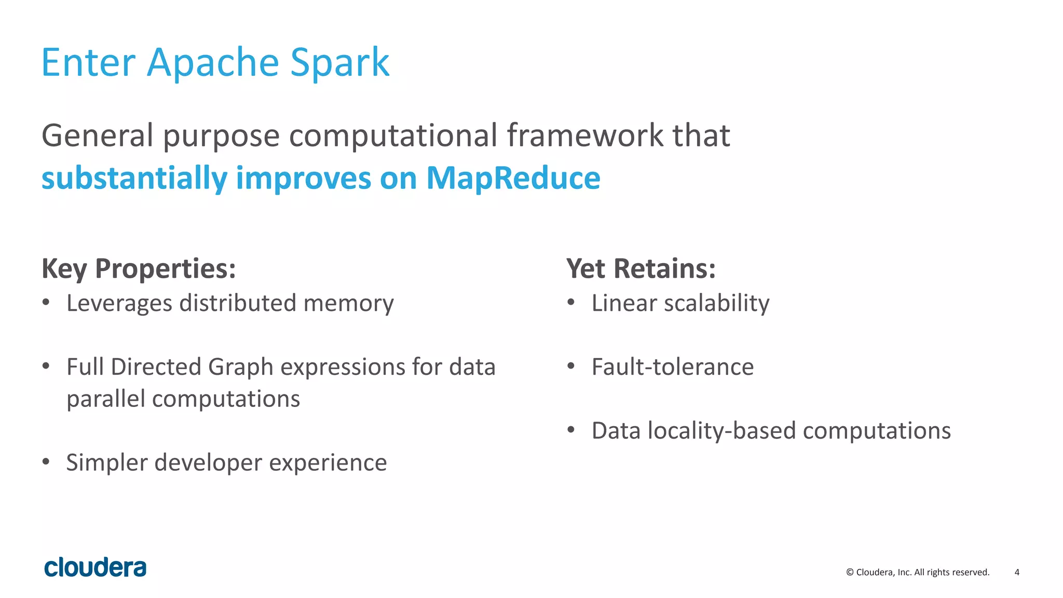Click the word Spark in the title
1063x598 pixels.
[x=339, y=63]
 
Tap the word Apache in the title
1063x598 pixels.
[x=213, y=63]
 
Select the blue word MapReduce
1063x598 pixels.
[x=513, y=178]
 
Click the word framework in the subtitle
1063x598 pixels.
[x=584, y=135]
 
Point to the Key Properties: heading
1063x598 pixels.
[x=139, y=269]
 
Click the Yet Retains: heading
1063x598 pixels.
[x=641, y=269]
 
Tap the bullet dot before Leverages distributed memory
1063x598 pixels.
[x=46, y=302]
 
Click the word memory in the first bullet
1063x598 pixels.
[x=348, y=303]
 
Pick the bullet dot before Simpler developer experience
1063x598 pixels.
[x=46, y=461]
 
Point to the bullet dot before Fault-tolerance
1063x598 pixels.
[x=571, y=366]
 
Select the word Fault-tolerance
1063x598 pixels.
[x=673, y=367]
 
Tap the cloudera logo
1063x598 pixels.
[x=96, y=567]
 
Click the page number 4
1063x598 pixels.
[x=1017, y=572]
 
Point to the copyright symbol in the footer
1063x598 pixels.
[x=850, y=572]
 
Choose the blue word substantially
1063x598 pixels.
[x=134, y=178]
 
